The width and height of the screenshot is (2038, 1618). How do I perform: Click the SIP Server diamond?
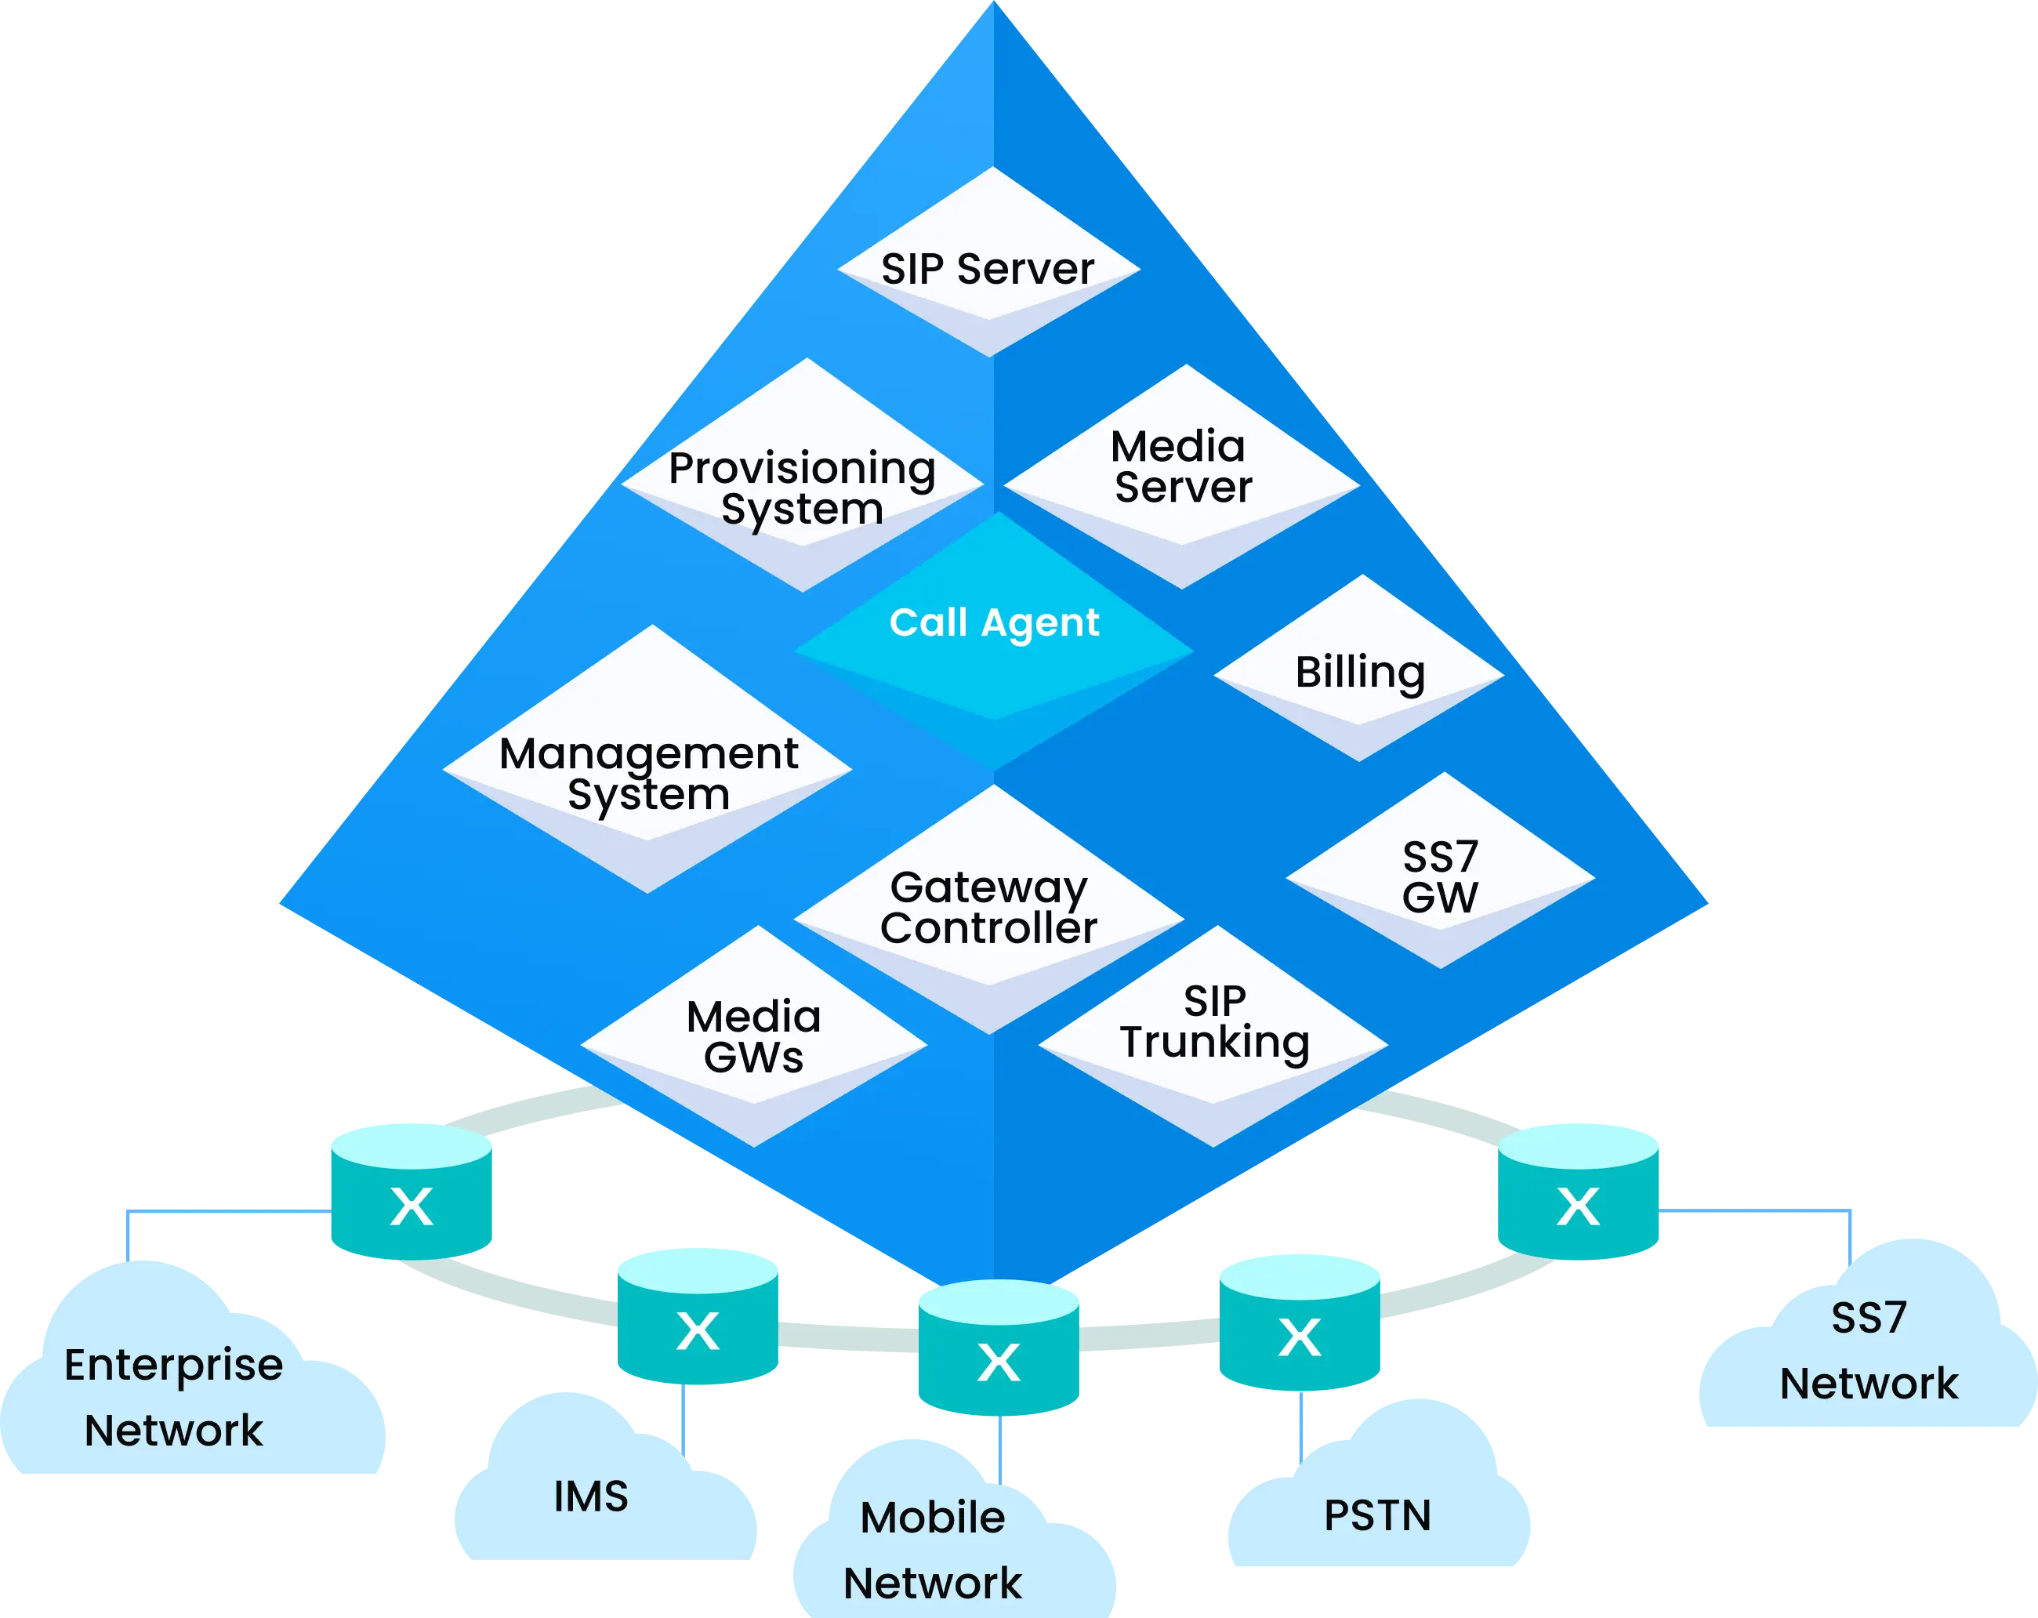click(988, 265)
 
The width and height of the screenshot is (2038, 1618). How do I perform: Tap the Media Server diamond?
click(1181, 473)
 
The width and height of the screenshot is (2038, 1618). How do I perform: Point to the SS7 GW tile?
click(1440, 874)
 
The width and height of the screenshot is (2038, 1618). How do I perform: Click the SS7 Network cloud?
click(1868, 1351)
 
